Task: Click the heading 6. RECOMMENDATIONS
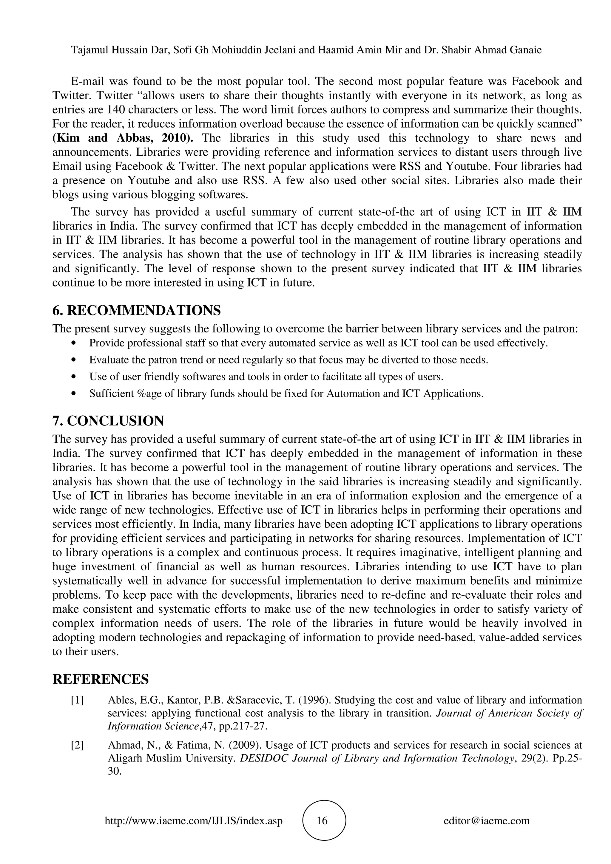[x=136, y=310]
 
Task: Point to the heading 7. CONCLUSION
[x=108, y=421]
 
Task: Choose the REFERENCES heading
[x=101, y=679]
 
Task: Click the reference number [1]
[x=77, y=700]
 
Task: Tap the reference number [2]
[x=77, y=745]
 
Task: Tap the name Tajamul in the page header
[x=89, y=50]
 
